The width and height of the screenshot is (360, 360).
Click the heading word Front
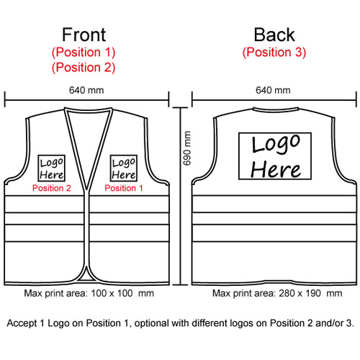(x=84, y=35)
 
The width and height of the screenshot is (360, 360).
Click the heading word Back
(x=274, y=35)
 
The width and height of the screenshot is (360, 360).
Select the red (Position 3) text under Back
(x=274, y=53)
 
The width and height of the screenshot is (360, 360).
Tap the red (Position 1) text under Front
(x=84, y=53)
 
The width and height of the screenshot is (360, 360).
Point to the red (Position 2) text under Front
(x=84, y=68)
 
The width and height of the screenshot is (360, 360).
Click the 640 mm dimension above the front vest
(x=86, y=90)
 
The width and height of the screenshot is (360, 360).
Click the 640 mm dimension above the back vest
(x=273, y=90)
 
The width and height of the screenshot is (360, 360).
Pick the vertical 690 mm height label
(x=186, y=148)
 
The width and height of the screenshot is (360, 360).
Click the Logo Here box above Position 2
(x=52, y=168)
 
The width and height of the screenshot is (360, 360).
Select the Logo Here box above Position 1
(x=124, y=168)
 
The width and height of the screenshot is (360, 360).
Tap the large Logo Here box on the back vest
(x=275, y=156)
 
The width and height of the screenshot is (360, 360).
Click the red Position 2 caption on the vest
(x=52, y=188)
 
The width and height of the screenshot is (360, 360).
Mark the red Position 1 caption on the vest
(x=124, y=188)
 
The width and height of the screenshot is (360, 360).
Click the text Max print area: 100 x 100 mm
(x=89, y=293)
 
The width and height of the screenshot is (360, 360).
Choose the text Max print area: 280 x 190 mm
(x=277, y=293)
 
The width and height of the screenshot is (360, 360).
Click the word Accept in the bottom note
(x=22, y=323)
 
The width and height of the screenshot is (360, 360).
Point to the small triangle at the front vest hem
(x=86, y=278)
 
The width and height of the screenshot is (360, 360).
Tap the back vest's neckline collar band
(x=275, y=110)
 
